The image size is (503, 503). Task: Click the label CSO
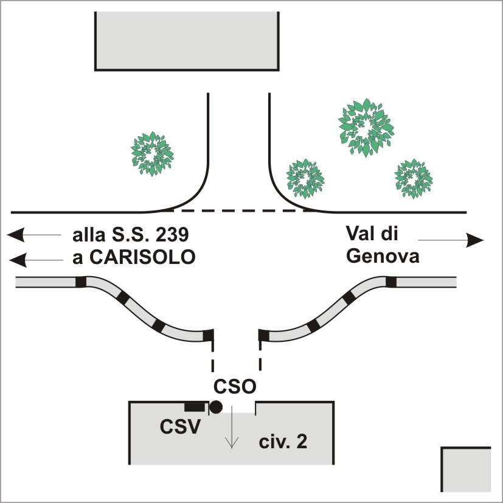(235, 387)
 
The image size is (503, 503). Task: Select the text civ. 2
(282, 442)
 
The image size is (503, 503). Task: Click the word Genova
(383, 256)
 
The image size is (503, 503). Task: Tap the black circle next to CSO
(215, 408)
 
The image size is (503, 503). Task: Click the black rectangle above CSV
(194, 406)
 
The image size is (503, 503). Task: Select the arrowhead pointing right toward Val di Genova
(474, 241)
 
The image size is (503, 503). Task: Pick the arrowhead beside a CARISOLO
(18, 260)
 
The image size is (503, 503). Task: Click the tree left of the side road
(152, 154)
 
